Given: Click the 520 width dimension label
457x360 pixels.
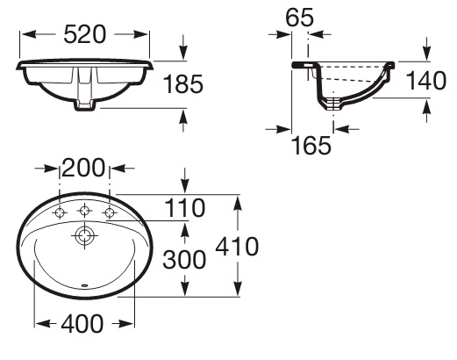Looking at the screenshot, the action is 84,34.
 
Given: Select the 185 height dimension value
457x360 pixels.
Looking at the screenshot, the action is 183,84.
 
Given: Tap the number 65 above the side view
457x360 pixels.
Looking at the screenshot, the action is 299,18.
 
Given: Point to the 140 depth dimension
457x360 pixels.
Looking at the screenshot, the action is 426,81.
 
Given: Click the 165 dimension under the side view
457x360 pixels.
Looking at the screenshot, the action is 311,145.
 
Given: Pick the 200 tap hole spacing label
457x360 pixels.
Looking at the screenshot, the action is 83,168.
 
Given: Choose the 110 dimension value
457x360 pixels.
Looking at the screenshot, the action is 185,208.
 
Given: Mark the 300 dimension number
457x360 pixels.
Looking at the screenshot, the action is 184,260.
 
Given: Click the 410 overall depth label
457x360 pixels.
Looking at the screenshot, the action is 237,247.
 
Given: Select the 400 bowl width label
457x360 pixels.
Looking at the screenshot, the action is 82,323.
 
